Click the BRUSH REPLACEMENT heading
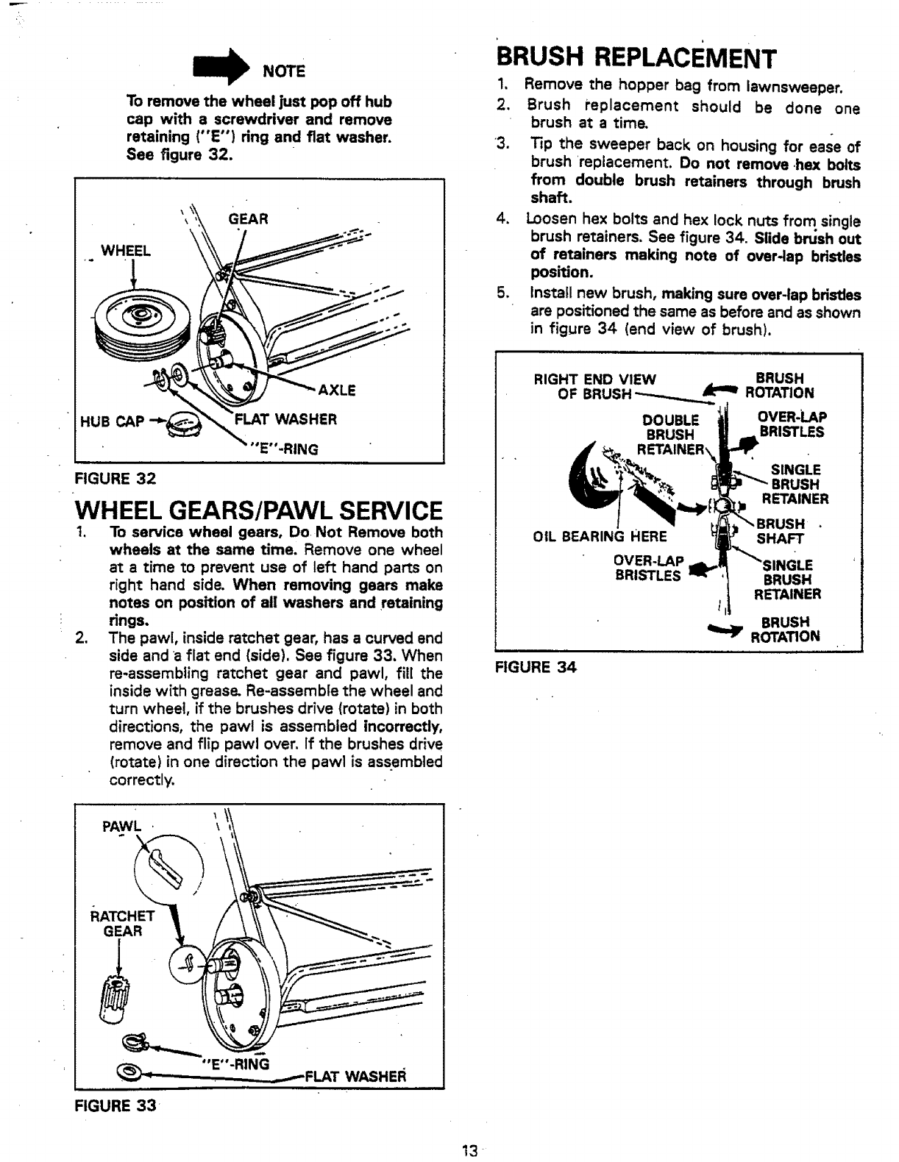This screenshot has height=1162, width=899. click(x=636, y=56)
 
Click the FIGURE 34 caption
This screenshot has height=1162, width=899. click(x=535, y=667)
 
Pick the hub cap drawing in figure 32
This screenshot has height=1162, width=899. click(x=182, y=426)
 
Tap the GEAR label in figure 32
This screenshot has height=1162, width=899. click(x=248, y=218)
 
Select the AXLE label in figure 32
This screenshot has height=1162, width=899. click(x=336, y=391)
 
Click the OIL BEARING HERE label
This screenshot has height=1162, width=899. click(x=599, y=535)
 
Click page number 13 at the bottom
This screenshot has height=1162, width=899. click(x=471, y=1151)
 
